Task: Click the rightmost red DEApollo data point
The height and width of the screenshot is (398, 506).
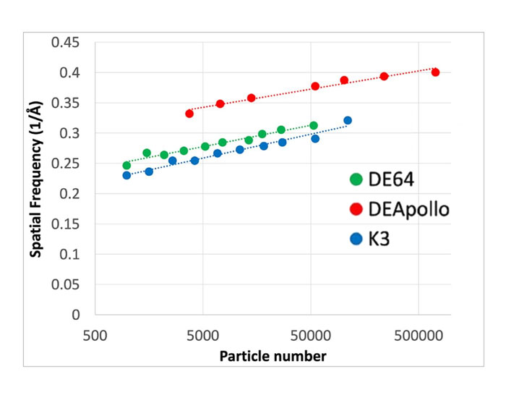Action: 435,72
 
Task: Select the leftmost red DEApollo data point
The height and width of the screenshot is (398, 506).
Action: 189,114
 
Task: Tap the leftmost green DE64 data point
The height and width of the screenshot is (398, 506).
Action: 126,166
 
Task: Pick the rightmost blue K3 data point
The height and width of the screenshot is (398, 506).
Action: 348,121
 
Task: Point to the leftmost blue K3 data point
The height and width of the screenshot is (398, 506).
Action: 126,175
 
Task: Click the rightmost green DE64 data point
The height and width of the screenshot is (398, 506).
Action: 314,126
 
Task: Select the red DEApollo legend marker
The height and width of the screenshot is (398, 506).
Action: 355,209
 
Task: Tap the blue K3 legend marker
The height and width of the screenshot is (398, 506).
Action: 355,239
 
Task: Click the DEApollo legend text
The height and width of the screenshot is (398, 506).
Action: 408,209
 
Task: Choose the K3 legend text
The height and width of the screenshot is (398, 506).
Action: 379,239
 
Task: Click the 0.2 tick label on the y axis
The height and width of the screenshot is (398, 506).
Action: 72,194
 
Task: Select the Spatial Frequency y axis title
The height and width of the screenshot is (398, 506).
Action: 35,179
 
